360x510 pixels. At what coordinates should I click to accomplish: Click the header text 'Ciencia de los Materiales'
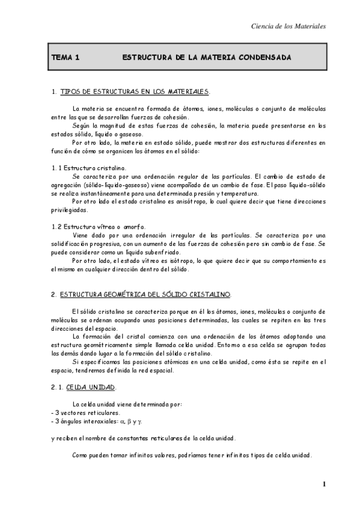tap(287, 26)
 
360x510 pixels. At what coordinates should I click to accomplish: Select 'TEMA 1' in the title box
tap(66, 58)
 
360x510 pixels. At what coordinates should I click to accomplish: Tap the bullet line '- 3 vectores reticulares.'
tap(86, 413)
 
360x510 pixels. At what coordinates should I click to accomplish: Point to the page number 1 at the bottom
tap(323, 485)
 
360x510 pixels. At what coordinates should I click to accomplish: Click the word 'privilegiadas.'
tap(70, 210)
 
